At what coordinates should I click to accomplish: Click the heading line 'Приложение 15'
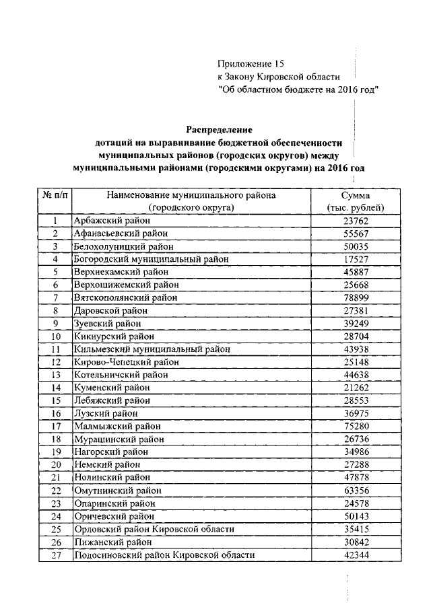coord(247,64)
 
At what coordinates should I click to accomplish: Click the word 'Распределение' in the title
coord(218,129)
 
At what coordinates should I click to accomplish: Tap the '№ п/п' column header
coord(54,194)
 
